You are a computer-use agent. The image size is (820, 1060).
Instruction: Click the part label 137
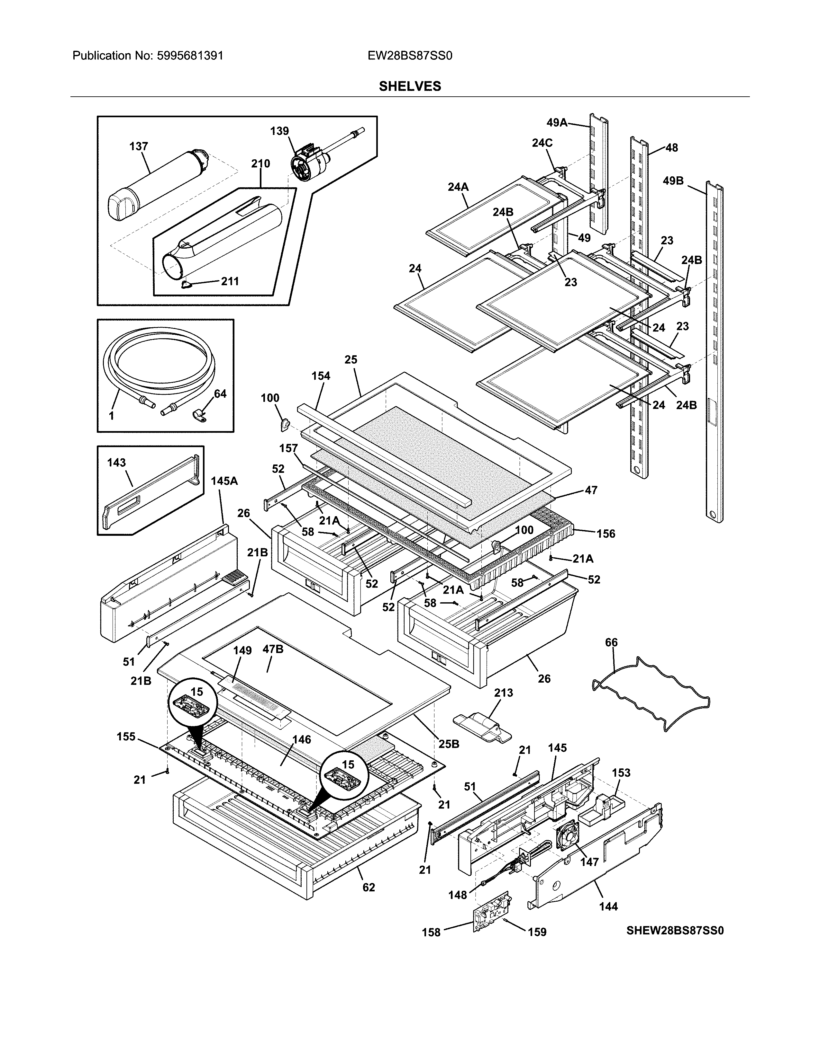pos(139,146)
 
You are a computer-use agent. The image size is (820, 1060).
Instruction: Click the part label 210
pos(260,163)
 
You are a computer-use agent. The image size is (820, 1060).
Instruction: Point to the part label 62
pos(369,887)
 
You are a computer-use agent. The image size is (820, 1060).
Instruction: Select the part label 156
pos(606,534)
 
